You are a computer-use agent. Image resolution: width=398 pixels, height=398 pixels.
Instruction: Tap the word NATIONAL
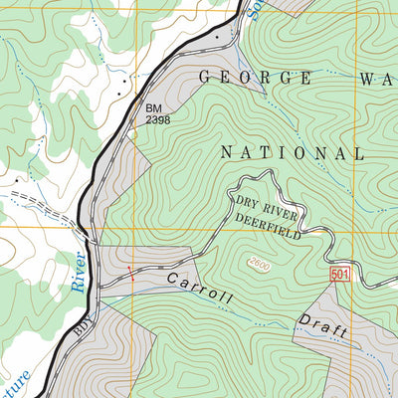(292, 153)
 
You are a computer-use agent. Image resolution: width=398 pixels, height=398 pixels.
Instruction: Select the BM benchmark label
(153, 107)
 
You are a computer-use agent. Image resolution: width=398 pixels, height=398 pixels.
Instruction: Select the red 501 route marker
(339, 275)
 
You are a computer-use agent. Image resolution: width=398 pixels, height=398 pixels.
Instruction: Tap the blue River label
(79, 271)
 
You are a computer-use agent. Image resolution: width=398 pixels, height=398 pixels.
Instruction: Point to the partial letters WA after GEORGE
(376, 77)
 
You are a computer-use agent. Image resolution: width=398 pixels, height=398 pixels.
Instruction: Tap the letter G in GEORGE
(206, 77)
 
